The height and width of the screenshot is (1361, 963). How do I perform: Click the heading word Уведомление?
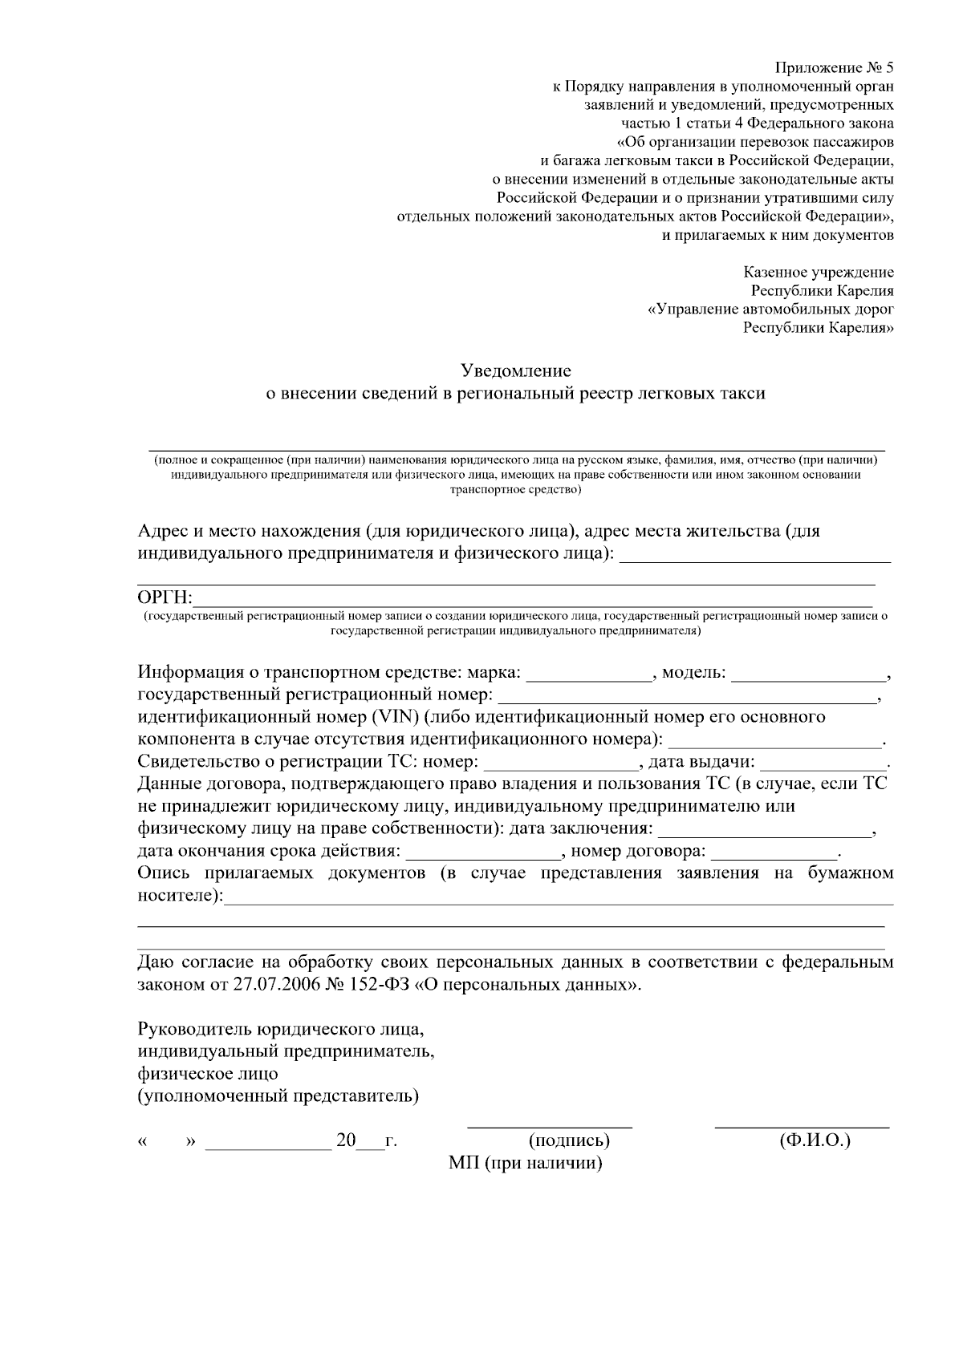click(515, 371)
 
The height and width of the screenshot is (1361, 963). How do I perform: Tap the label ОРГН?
click(165, 598)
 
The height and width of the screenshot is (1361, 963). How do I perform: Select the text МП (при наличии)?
click(525, 1163)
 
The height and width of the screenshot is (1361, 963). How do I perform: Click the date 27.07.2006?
click(277, 985)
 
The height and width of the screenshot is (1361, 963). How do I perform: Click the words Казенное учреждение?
click(819, 273)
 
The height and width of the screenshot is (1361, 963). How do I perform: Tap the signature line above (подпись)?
click(550, 1128)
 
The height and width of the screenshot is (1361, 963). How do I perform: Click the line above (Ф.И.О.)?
click(802, 1128)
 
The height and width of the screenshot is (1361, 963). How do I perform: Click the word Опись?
click(164, 873)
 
